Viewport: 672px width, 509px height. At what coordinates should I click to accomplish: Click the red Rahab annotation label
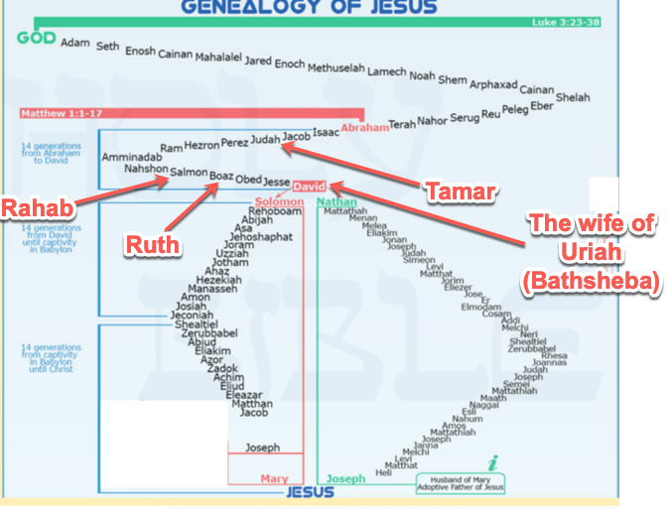(x=38, y=208)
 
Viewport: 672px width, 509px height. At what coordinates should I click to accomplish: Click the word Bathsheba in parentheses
(x=592, y=283)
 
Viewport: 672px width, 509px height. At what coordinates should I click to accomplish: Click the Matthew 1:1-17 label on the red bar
(x=55, y=114)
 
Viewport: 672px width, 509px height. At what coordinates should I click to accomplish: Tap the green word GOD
(x=35, y=39)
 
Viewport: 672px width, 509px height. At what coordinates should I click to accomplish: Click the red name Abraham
(x=364, y=127)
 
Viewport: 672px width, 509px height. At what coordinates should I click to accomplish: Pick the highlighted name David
(x=310, y=186)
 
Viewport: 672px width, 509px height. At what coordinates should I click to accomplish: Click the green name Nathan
(x=336, y=201)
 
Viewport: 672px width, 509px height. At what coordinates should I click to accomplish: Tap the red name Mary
(x=274, y=479)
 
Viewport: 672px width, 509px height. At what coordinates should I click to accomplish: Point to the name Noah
(x=422, y=76)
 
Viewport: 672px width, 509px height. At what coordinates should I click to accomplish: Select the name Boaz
(x=221, y=176)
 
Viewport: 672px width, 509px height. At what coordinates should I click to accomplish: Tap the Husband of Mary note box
(x=461, y=483)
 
